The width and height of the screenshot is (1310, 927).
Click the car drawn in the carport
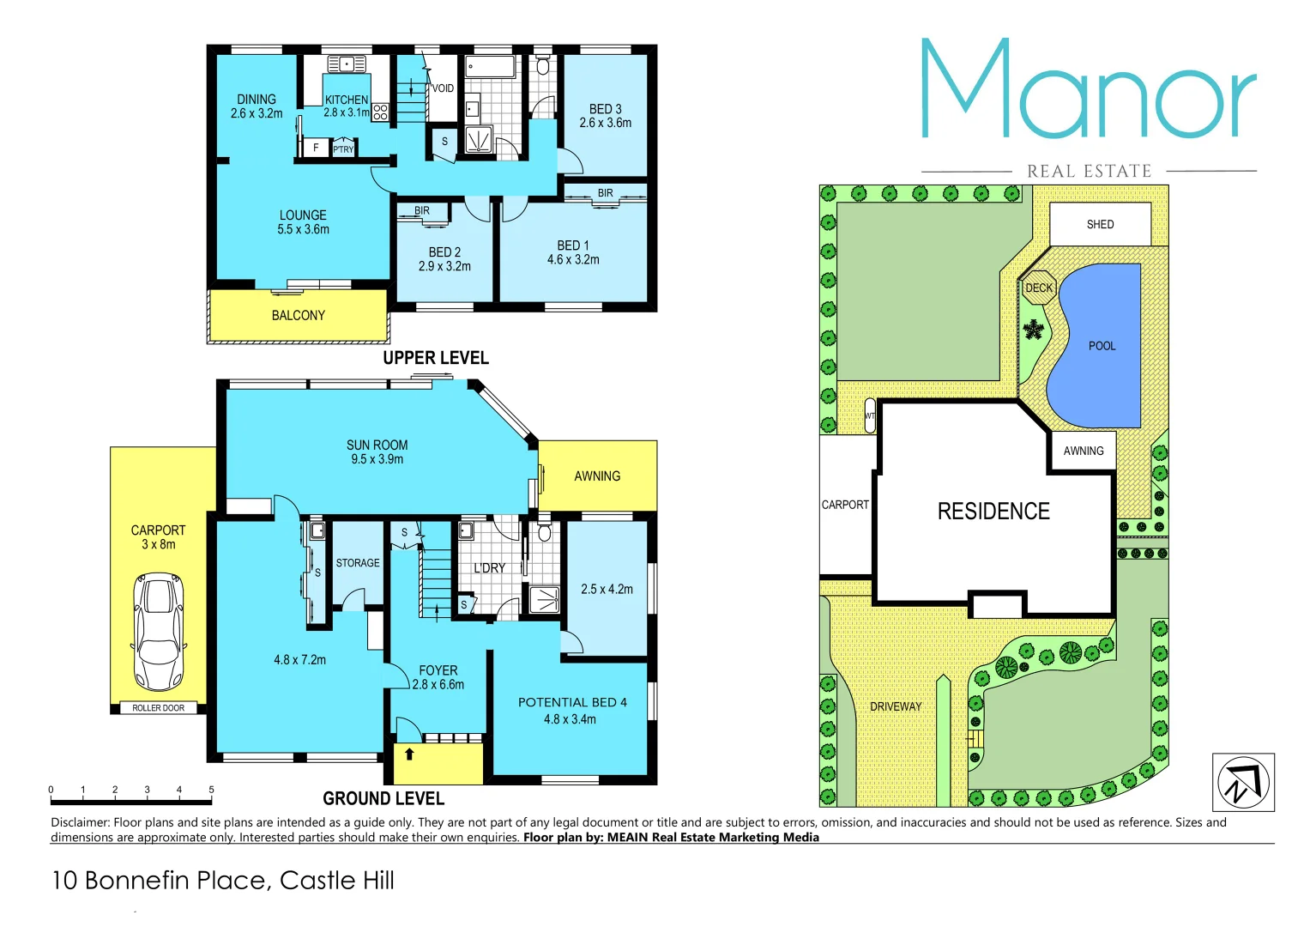click(158, 632)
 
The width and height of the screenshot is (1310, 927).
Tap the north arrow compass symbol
click(1242, 782)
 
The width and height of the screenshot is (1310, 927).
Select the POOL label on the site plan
click(1102, 346)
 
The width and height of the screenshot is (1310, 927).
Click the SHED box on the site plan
click(1100, 225)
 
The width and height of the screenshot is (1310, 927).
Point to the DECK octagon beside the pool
click(1039, 288)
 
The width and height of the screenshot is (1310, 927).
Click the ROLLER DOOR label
click(158, 708)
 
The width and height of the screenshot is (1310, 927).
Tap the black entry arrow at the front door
click(410, 754)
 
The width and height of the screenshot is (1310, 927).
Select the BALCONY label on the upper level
click(298, 316)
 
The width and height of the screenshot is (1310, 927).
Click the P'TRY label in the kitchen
click(343, 149)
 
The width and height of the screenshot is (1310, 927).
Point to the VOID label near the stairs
click(443, 88)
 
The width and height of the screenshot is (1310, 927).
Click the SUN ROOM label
click(377, 445)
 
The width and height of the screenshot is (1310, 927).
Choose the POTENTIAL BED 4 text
click(572, 702)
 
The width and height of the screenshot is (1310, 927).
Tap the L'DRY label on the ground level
click(489, 568)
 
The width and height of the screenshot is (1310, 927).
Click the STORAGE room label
click(358, 563)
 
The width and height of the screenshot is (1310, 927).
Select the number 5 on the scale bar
click(211, 790)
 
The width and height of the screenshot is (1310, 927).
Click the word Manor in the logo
click(1088, 91)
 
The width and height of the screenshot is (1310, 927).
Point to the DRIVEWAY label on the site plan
click(896, 706)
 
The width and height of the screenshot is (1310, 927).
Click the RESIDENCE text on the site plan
click(993, 512)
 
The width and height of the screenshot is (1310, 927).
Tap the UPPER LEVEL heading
click(436, 358)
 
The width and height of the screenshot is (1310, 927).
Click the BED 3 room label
click(605, 109)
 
